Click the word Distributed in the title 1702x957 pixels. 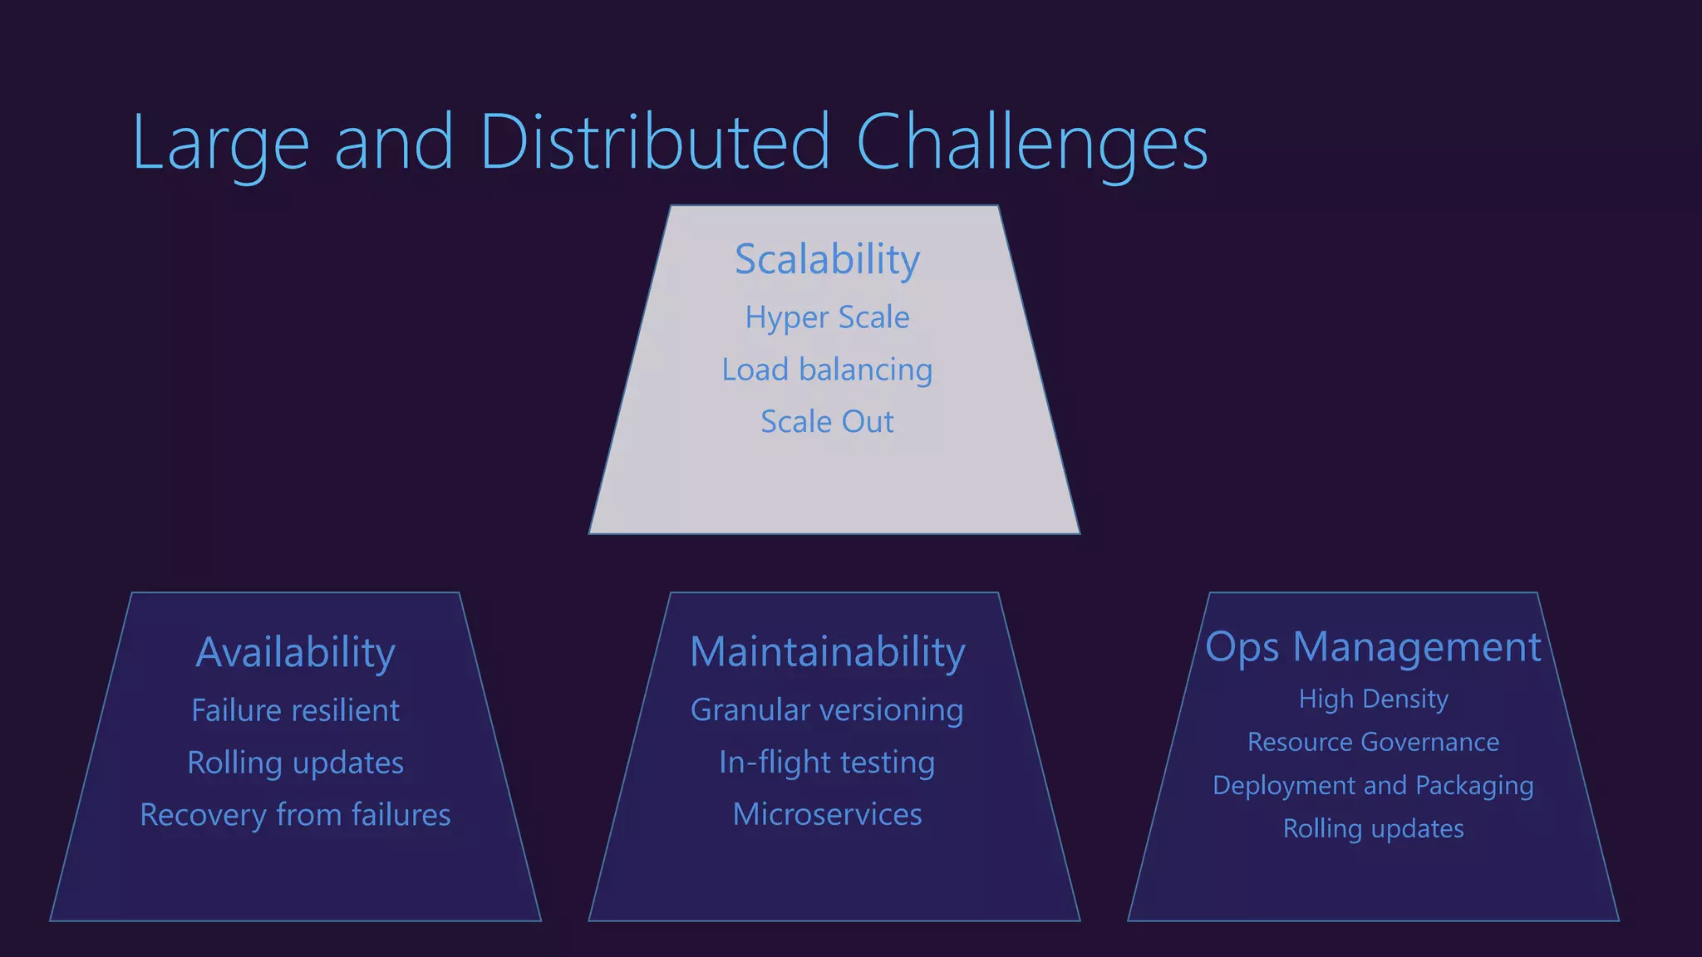[654, 143]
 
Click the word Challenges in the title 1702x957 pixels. [1031, 143]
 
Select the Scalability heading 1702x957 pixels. [827, 259]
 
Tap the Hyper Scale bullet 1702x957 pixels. [827, 317]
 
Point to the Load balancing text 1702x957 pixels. [827, 370]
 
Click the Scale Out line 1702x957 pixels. [827, 422]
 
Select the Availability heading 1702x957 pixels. [295, 652]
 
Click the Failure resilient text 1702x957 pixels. [295, 710]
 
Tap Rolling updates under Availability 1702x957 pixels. [295, 763]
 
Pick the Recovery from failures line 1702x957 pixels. [295, 815]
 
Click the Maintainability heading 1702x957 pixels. [828, 652]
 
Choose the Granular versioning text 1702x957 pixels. [827, 710]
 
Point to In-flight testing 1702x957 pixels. [827, 763]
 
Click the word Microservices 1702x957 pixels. [827, 814]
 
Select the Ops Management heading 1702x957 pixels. [1373, 647]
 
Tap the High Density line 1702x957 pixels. [1373, 699]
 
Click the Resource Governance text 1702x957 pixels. [1373, 742]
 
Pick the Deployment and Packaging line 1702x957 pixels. [1373, 785]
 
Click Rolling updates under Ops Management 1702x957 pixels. [1373, 828]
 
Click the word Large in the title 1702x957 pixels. [220, 143]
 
